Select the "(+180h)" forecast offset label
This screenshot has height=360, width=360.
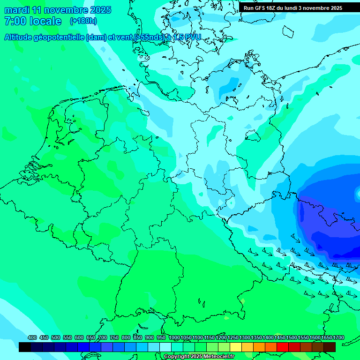point(83,21)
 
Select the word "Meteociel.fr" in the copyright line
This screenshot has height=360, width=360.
point(215,357)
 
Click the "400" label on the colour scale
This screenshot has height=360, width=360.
point(32,338)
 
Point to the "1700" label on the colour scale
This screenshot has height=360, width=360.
point(338,338)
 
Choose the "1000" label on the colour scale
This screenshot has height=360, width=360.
point(174,338)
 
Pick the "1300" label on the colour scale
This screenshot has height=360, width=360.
point(245,338)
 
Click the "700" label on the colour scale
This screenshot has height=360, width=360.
point(103,338)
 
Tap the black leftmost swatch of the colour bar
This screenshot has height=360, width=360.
point(25,347)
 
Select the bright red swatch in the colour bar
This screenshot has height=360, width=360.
point(283,347)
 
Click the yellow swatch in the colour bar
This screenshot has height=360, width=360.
point(236,347)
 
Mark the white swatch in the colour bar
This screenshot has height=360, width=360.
point(165,347)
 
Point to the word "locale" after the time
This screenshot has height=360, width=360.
point(45,21)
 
